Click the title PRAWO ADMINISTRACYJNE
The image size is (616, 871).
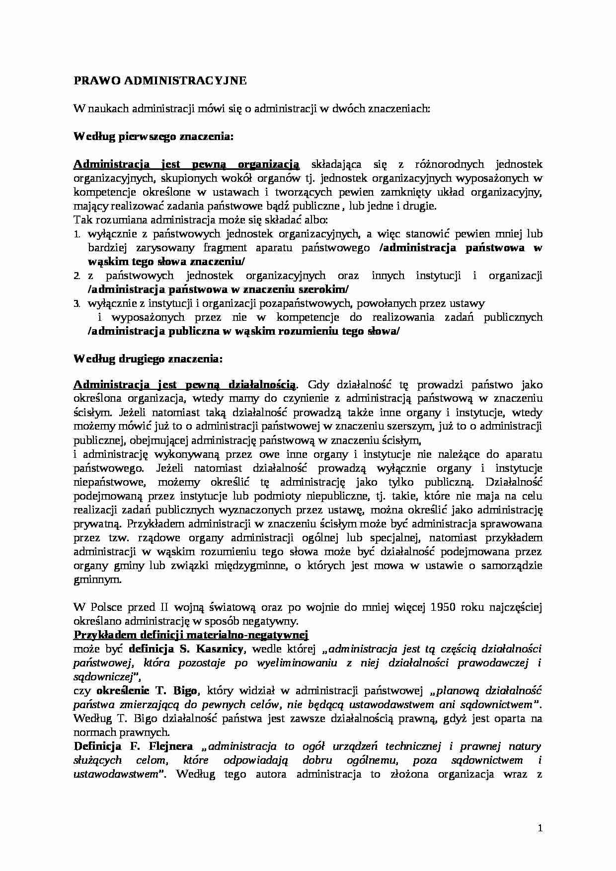[x=160, y=81]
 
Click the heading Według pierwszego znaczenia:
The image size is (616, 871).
[x=153, y=136]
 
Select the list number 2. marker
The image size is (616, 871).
[x=77, y=276]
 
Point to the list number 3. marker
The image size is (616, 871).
[x=77, y=304]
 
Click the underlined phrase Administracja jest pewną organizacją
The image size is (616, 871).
[x=186, y=164]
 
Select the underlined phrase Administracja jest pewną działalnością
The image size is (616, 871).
[x=185, y=385]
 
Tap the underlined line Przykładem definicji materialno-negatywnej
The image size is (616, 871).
[x=191, y=635]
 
